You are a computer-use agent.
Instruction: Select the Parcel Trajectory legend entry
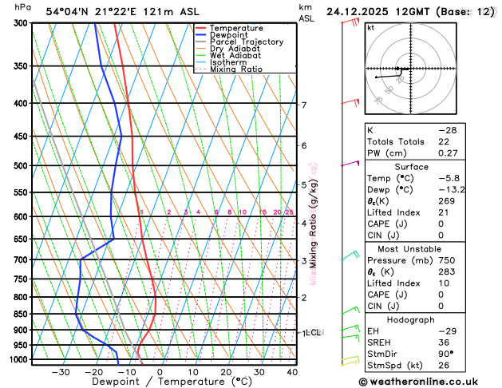pos(246,42)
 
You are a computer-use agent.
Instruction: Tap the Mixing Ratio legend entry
pos(235,69)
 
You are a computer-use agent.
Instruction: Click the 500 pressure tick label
pos(22,166)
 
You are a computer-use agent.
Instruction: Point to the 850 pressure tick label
pos(22,314)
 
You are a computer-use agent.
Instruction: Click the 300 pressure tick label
pos(22,23)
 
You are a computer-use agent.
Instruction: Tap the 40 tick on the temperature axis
pos(292,372)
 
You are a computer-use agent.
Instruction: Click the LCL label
pos(313,332)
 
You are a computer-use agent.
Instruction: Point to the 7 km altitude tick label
pos(304,105)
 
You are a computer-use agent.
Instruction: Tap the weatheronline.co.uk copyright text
pos(429,382)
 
